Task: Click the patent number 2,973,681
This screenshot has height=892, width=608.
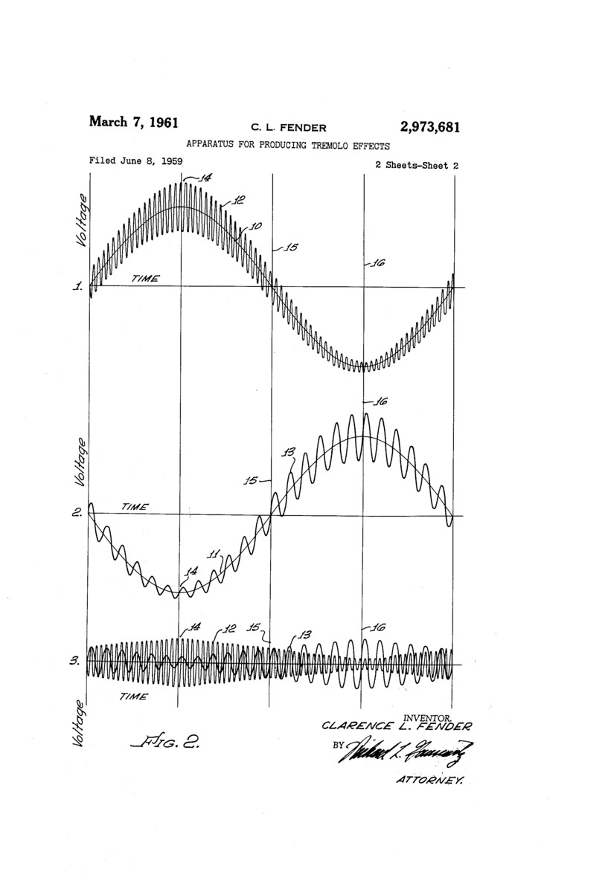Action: [x=429, y=127]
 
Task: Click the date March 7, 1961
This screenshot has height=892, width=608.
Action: [x=133, y=123]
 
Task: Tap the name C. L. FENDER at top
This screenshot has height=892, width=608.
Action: [x=289, y=128]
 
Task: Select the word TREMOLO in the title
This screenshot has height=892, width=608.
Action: [x=324, y=146]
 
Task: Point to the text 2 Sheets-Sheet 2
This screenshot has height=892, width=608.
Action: [x=416, y=166]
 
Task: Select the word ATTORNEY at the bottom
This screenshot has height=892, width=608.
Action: [x=431, y=780]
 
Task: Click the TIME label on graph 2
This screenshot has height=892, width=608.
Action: [x=135, y=507]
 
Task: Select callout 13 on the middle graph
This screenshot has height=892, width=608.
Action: [x=289, y=452]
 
